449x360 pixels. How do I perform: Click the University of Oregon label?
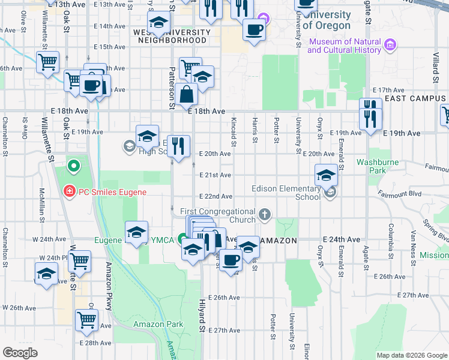pyautogui.click(x=327, y=20)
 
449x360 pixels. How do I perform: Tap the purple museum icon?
pyautogui.click(x=390, y=44)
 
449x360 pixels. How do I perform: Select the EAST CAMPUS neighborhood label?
pyautogui.click(x=415, y=98)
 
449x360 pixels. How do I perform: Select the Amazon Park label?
pyautogui.click(x=158, y=324)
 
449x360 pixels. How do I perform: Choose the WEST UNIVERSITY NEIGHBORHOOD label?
pyautogui.click(x=172, y=36)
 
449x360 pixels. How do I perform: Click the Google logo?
pyautogui.click(x=20, y=353)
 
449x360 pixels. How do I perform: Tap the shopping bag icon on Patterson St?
pyautogui.click(x=187, y=95)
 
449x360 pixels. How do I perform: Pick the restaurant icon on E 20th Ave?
pyautogui.click(x=178, y=146)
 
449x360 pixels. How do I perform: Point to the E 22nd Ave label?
pyautogui.click(x=215, y=197)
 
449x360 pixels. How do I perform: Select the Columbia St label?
pyautogui.click(x=390, y=237)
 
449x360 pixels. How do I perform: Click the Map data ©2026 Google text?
pyautogui.click(x=412, y=355)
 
